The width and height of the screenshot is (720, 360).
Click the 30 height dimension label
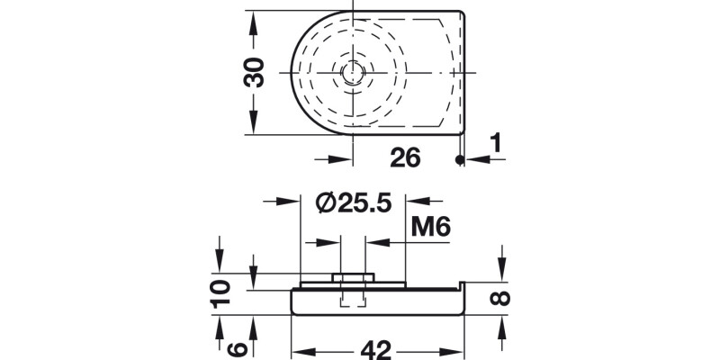coord(256,72)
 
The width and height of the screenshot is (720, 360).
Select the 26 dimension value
coord(405,158)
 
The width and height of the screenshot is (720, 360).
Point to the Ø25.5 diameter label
coord(352,203)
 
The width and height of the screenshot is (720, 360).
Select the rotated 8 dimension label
coord(501,297)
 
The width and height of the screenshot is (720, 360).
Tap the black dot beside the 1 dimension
coord(459,160)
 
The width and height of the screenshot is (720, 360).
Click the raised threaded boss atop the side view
coord(352,276)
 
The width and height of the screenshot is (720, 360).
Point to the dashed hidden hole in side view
coord(352,298)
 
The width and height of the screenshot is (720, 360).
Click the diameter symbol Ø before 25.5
coord(327,203)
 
